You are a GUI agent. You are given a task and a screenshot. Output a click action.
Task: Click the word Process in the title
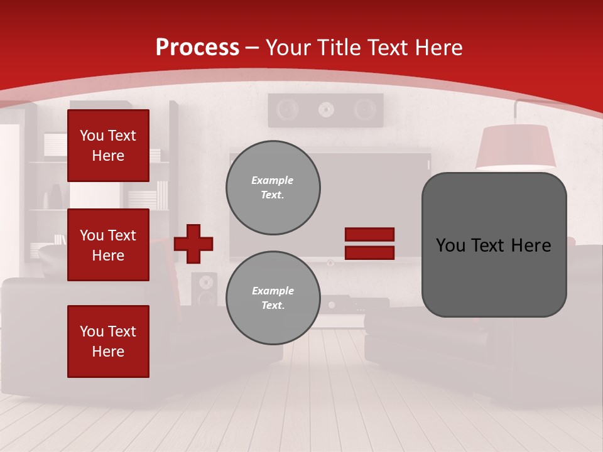coord(197,48)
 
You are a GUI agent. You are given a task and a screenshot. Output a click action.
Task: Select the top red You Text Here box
coord(108,146)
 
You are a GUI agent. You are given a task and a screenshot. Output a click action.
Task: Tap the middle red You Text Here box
coord(108,245)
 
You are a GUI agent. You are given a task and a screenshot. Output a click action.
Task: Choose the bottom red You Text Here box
coord(108,341)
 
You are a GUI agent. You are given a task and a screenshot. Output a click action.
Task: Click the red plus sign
coord(193,244)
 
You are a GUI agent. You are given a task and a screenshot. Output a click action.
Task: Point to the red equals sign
coord(369,244)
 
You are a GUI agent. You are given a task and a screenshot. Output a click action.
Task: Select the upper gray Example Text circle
coord(273,188)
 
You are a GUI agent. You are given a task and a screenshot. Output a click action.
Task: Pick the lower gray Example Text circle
coord(273,298)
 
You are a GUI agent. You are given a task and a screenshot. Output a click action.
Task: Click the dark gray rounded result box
coord(494,245)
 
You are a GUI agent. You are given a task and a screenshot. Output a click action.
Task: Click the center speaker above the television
coord(325,110)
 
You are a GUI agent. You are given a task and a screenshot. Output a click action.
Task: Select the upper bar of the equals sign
coord(369,235)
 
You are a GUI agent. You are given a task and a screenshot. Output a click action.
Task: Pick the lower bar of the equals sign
coord(369,252)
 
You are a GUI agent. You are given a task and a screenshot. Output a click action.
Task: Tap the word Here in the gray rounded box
coord(531,245)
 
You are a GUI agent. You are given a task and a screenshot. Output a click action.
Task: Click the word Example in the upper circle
coord(273,180)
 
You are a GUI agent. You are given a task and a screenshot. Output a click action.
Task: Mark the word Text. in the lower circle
coord(273,306)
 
